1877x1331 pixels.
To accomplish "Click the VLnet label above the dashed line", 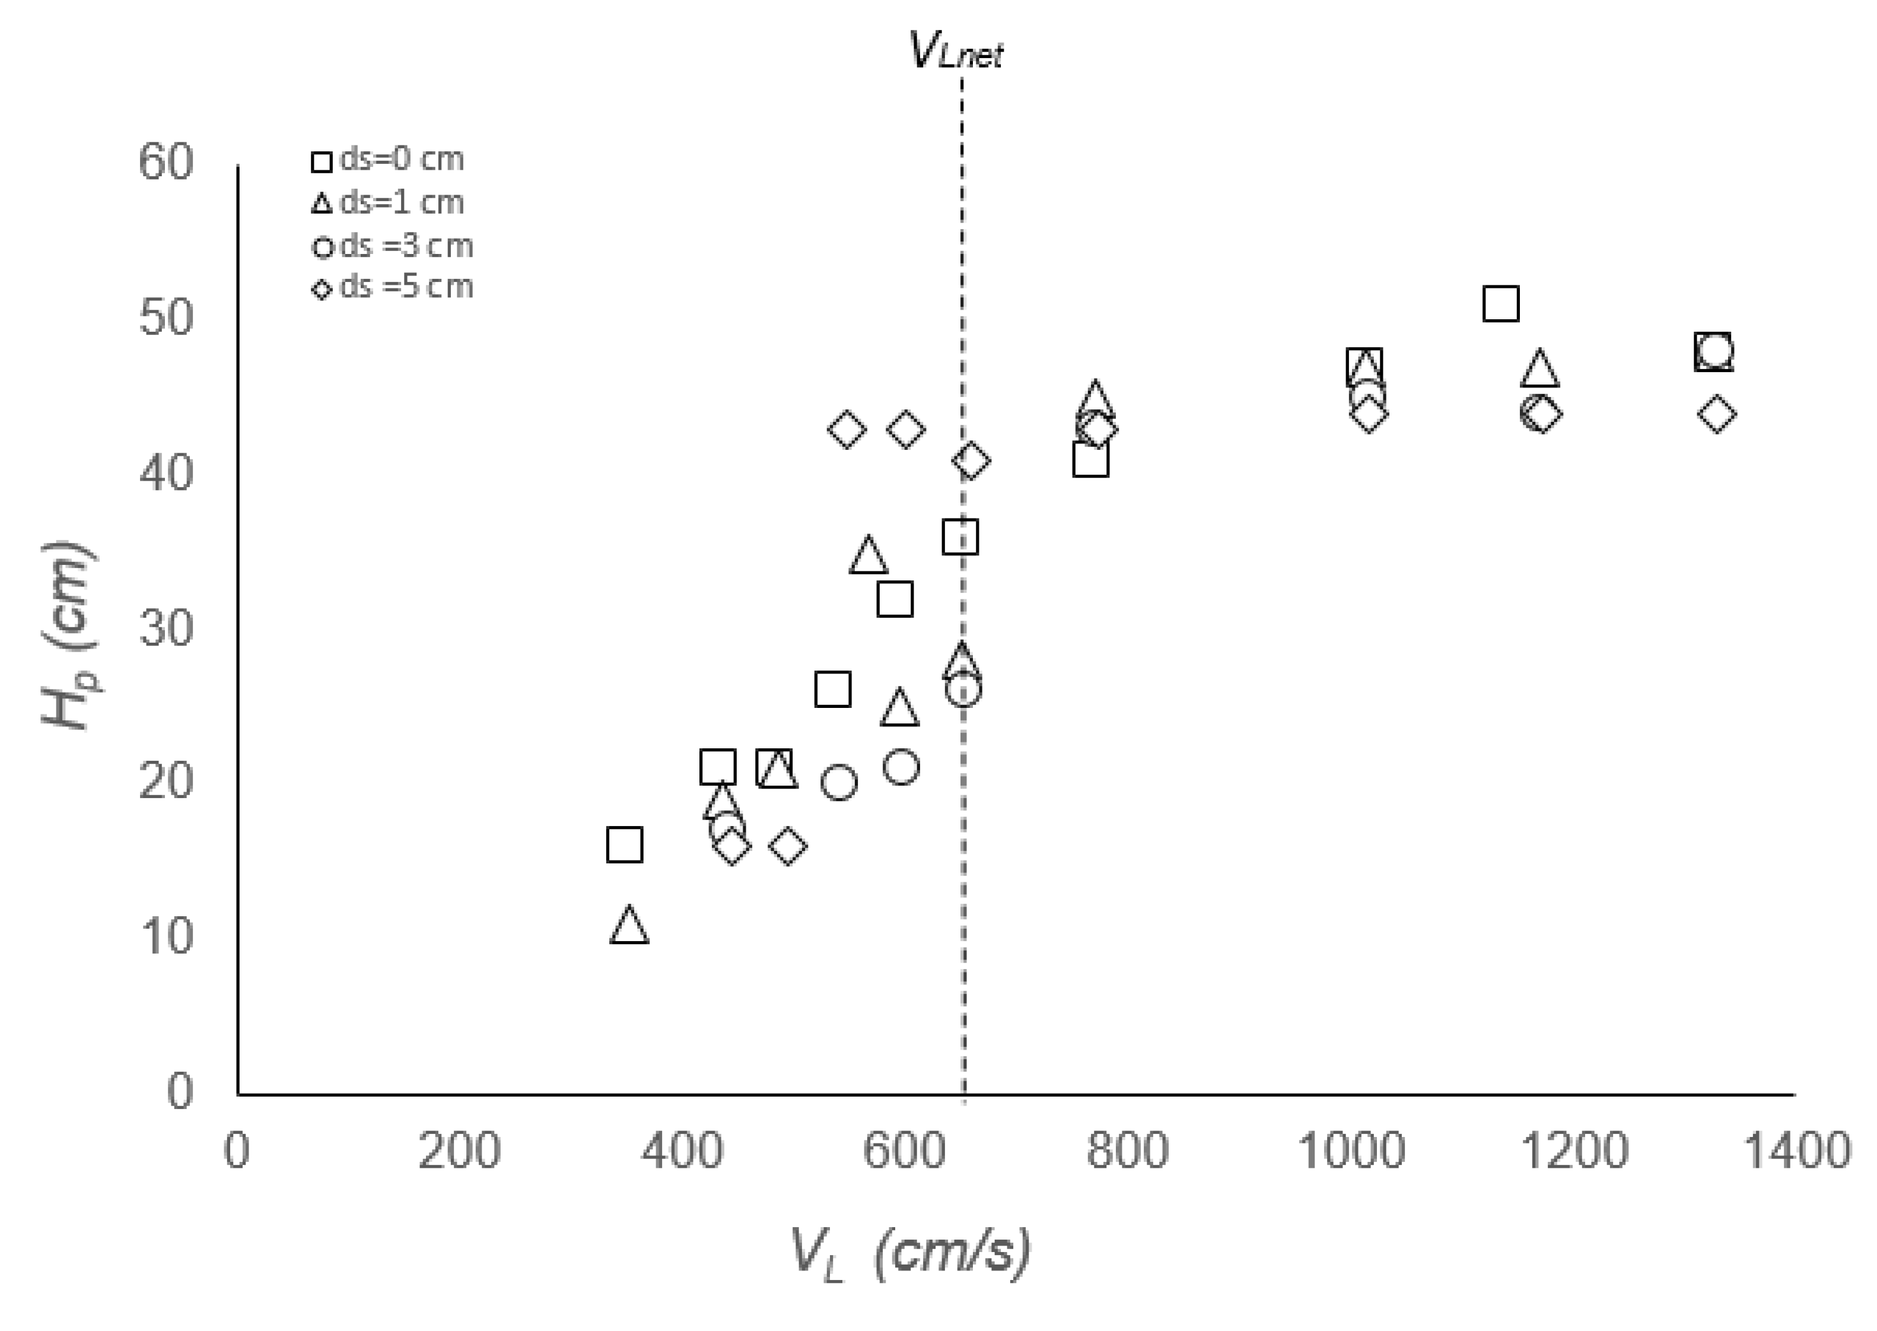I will [956, 51].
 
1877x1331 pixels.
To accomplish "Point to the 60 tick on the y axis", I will [166, 161].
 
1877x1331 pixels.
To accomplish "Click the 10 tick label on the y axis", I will [166, 935].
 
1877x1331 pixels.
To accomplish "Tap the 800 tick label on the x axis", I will [1127, 1150].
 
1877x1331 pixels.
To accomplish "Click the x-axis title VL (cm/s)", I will [910, 1252].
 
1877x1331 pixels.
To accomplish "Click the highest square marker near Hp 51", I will [1500, 304].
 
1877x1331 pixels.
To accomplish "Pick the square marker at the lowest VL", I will [624, 844].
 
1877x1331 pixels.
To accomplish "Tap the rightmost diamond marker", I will [1716, 414].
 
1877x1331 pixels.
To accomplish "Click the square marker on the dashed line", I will [960, 537].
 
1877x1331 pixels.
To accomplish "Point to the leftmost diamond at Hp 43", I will [847, 430].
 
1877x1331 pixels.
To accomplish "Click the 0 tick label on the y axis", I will [180, 1092].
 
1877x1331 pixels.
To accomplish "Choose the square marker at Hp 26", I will [832, 690].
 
